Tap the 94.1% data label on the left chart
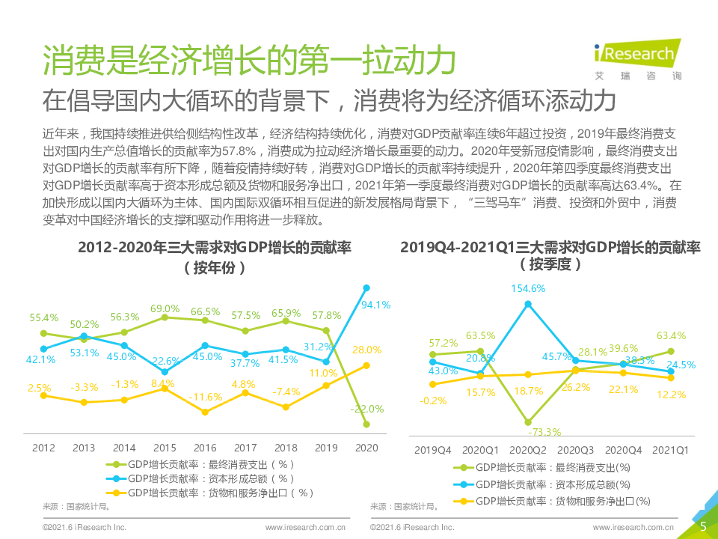point(376,305)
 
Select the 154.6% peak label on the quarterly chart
point(529,287)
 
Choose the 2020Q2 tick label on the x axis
point(528,450)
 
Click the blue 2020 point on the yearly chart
point(366,287)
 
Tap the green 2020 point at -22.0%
point(366,424)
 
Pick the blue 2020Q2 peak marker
point(528,304)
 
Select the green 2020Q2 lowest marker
point(528,422)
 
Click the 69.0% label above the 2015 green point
point(165,308)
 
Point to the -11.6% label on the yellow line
point(206,396)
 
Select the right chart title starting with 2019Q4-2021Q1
point(550,248)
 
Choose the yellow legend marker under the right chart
point(464,501)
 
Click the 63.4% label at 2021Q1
point(671,336)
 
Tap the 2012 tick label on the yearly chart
point(43,448)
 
